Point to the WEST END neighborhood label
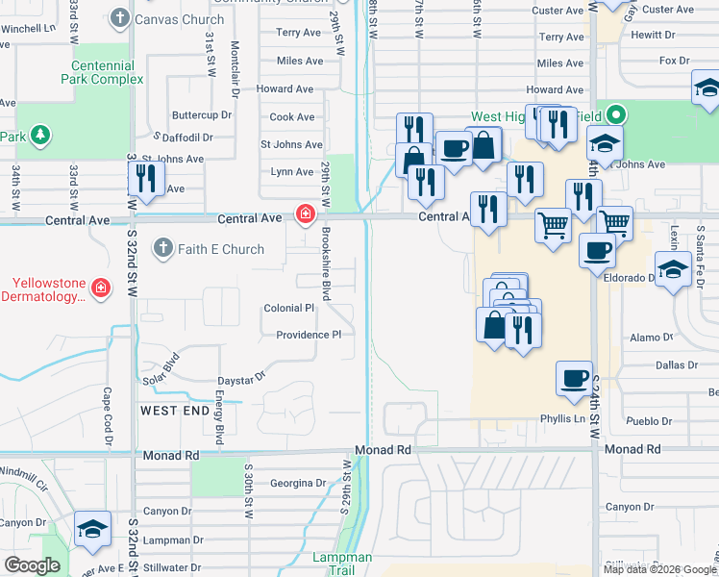point(175,411)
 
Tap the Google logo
point(33,565)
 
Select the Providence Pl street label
point(309,336)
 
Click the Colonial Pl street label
point(289,309)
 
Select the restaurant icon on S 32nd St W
point(145,180)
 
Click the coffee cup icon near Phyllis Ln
point(574,377)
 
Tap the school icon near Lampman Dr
point(93,529)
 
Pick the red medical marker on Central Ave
point(306,213)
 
